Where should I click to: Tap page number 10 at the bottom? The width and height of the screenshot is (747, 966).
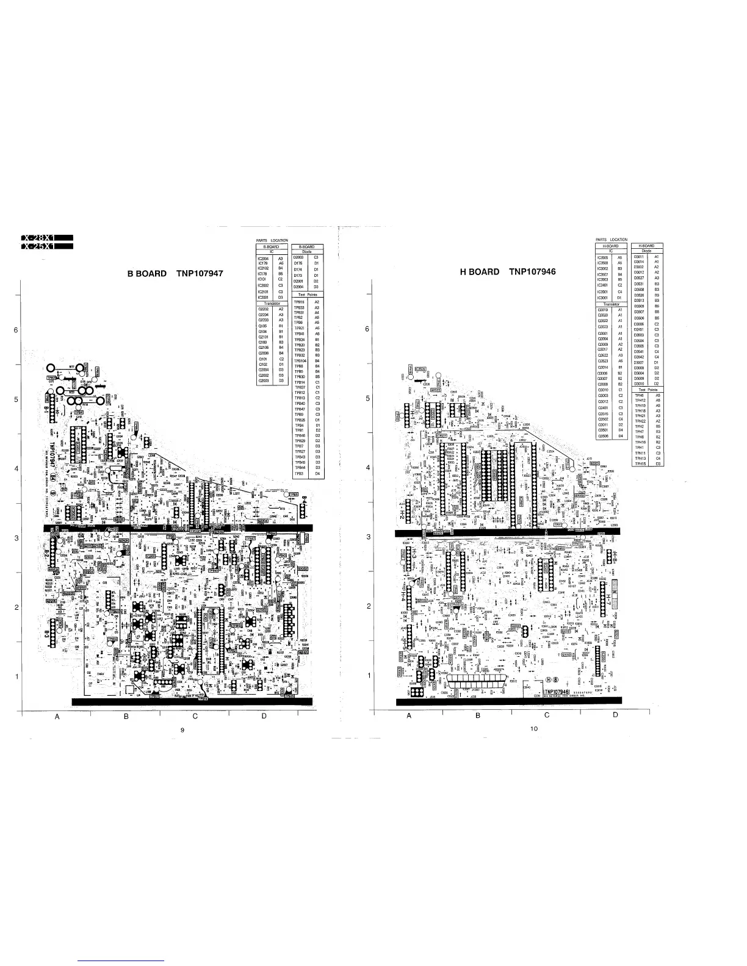533,729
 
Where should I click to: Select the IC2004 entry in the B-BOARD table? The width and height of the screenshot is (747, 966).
264,259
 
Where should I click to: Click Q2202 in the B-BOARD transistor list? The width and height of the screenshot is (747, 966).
264,309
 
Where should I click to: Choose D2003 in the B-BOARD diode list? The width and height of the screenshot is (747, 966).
299,257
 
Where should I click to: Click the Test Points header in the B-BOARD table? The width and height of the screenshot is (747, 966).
307,295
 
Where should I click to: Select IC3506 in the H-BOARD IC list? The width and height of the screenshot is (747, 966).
602,258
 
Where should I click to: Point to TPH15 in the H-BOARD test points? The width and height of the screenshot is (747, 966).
640,463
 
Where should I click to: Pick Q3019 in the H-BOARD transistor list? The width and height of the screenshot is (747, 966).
602,310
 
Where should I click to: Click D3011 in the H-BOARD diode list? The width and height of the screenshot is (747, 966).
640,257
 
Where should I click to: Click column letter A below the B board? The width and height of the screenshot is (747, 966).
57,717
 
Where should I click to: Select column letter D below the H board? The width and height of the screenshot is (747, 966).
615,715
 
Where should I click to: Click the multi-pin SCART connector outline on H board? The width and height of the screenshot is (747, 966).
477,682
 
